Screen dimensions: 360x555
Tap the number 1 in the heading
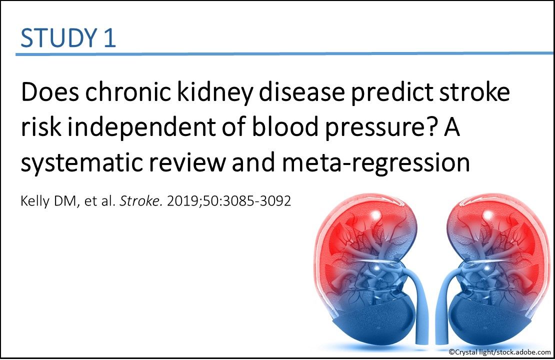click(109, 38)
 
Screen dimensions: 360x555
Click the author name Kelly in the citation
click(33, 203)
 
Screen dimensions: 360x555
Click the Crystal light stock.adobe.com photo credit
click(499, 352)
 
